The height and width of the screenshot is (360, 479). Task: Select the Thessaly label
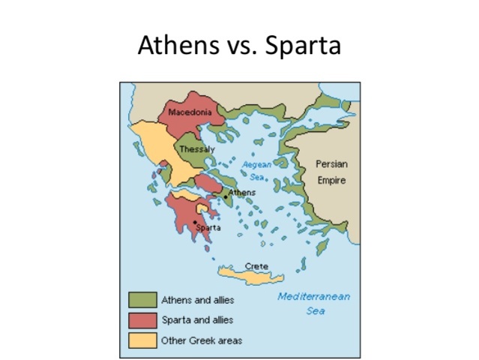(196, 149)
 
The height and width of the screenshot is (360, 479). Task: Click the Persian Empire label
(331, 172)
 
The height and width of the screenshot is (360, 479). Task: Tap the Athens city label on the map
(241, 193)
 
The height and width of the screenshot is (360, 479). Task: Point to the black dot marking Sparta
(194, 222)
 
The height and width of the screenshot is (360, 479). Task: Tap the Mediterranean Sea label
(314, 303)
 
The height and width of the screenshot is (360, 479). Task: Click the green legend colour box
(142, 300)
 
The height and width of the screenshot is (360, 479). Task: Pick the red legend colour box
(142, 320)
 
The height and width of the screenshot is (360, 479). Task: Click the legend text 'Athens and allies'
(198, 301)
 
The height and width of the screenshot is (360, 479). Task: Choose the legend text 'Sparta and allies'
(198, 320)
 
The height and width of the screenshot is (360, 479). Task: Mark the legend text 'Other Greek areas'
(202, 340)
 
